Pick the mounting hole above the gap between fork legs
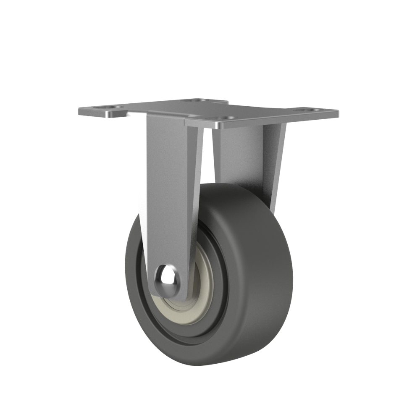[227, 118]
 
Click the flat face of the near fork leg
[168, 189]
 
